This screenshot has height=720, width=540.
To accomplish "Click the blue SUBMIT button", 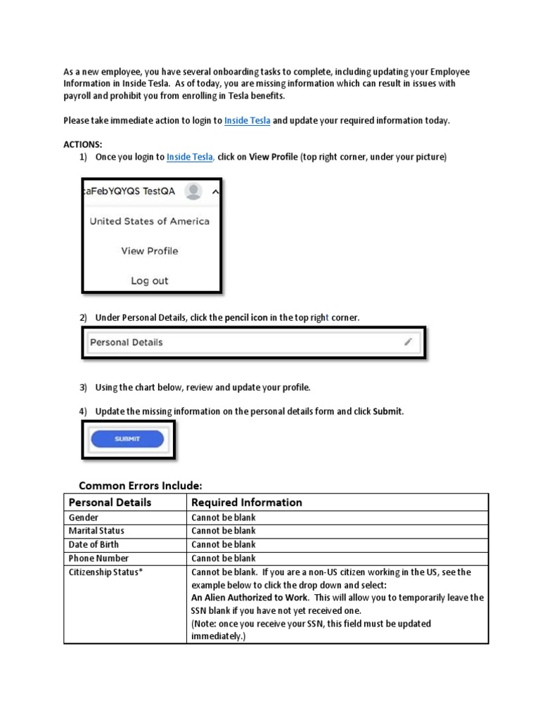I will click(127, 439).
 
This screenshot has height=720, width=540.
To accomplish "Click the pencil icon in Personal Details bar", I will click(408, 342).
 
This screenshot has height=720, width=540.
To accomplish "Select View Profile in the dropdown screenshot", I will click(149, 251).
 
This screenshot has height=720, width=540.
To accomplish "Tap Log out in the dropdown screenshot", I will click(149, 281).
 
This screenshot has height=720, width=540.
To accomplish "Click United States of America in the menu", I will click(149, 221).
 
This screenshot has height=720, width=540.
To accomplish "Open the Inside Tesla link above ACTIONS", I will click(247, 120).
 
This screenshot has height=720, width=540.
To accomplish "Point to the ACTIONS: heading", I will click(82, 144).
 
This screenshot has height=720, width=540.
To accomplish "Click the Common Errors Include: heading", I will click(140, 485).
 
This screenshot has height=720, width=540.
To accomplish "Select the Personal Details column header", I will click(109, 503).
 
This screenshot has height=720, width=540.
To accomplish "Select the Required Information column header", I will click(247, 503).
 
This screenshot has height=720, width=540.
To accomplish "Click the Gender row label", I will click(83, 517).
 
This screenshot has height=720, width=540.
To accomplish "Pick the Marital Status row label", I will click(96, 531).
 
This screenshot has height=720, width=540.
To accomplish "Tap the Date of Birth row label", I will click(93, 544).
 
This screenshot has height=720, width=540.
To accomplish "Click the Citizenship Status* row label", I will click(105, 572).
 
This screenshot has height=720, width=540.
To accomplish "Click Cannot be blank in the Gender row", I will click(223, 517).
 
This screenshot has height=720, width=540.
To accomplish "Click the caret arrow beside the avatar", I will click(215, 191).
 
